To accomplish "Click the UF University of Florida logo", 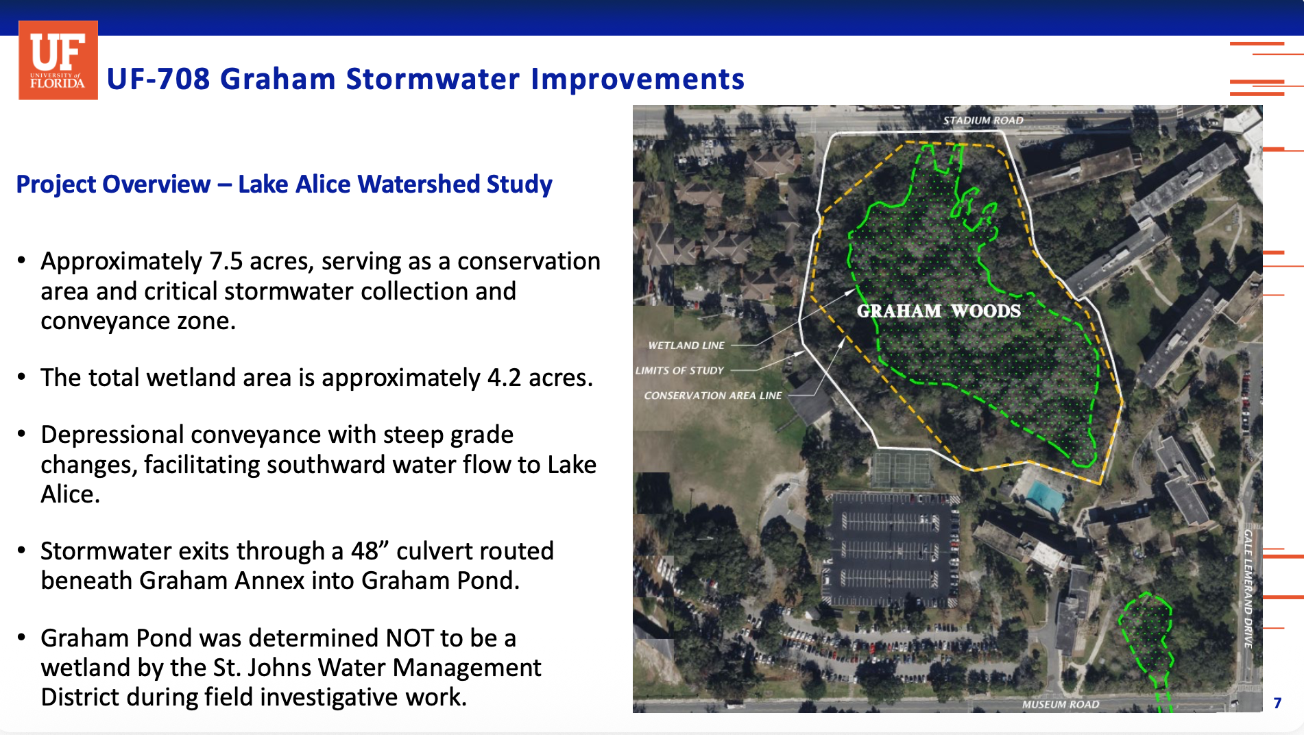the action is click(58, 60).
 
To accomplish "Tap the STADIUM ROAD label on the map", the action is click(983, 121).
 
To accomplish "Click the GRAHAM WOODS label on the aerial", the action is click(939, 311).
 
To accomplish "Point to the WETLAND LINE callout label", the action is click(686, 346).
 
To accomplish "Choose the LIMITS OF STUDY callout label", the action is click(679, 370).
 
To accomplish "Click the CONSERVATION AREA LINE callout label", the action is click(713, 396).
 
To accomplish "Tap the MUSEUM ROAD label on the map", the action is click(1061, 704).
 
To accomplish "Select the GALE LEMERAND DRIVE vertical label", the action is click(1248, 589).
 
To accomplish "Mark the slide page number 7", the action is click(1277, 703).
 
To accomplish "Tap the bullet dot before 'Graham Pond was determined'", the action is click(22, 638).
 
